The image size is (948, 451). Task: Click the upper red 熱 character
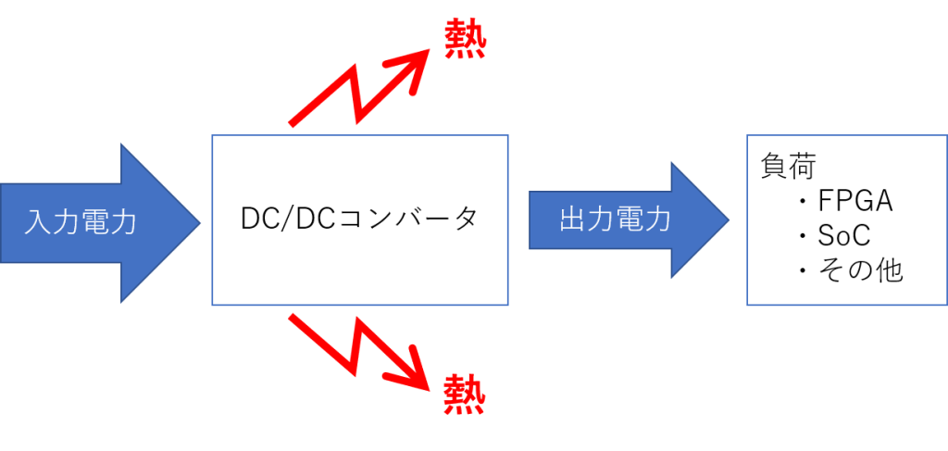[x=465, y=38]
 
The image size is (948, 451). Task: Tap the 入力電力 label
[x=81, y=222]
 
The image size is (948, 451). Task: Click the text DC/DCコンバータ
[x=359, y=220]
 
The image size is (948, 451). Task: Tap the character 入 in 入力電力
[x=38, y=222]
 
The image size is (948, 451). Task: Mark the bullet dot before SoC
[x=803, y=236]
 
